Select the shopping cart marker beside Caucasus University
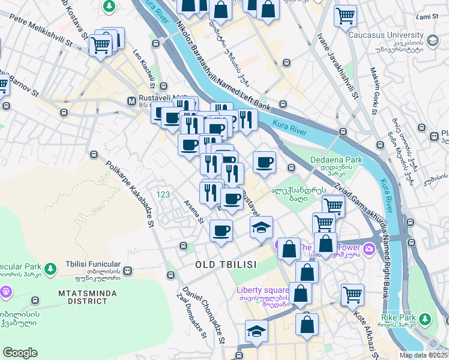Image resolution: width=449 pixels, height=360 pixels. point(345,16)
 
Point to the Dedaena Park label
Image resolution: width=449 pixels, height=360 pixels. point(336,160)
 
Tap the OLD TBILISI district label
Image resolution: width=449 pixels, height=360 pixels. point(226,265)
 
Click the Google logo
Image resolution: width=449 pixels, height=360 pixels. point(20,353)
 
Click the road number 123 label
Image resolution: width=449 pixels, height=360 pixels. point(163,194)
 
